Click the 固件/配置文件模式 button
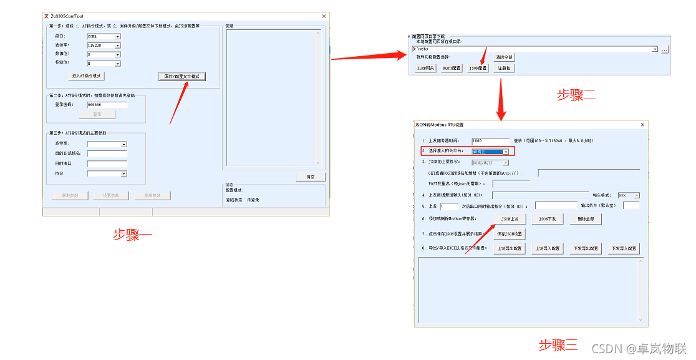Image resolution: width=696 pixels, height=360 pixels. (181, 76)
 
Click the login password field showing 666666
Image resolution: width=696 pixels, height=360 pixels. (107, 105)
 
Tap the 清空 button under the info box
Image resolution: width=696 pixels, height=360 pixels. (310, 177)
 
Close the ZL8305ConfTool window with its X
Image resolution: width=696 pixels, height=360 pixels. (324, 16)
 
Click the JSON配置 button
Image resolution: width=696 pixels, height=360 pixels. (478, 68)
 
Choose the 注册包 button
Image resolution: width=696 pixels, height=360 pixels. (502, 68)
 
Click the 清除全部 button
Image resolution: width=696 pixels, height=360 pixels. (504, 57)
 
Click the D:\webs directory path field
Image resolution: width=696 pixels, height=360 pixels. (533, 49)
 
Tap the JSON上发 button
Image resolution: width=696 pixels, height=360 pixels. (510, 219)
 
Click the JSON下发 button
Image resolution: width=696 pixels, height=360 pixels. (547, 219)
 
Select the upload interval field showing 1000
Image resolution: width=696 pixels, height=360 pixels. (491, 141)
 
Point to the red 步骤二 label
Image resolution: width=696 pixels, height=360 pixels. (576, 95)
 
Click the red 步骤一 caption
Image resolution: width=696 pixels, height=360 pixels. (132, 235)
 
